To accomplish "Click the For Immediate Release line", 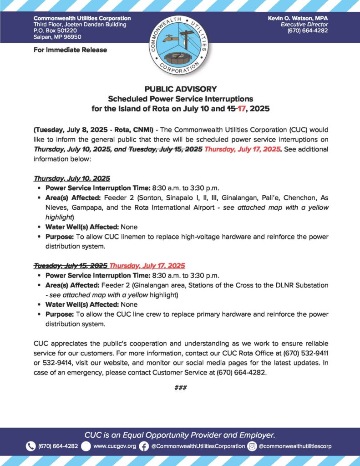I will (x=70, y=50).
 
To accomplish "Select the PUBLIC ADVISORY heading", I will (x=180, y=89).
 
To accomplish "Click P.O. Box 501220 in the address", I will (x=57, y=30).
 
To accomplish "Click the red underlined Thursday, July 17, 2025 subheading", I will (x=147, y=265).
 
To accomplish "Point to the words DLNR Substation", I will (x=303, y=285).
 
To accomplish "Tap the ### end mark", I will (x=180, y=387).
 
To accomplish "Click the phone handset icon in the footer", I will (x=31, y=446).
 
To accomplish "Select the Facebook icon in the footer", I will (x=144, y=446).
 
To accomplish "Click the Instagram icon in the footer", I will (x=252, y=446).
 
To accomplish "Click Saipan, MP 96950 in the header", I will (x=57, y=37).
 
